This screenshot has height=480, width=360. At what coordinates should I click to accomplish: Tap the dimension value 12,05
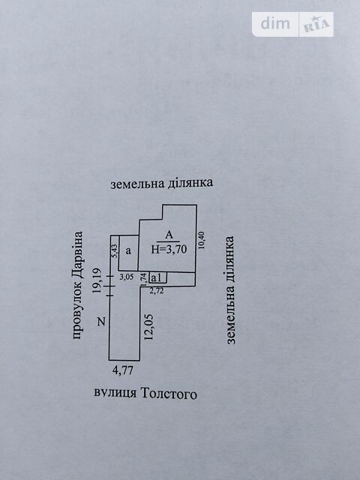click(148, 327)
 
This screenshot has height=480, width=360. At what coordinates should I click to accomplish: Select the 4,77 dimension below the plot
click(123, 370)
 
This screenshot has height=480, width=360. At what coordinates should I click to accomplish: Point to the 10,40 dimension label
click(201, 240)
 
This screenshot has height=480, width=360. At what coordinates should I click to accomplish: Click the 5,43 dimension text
click(115, 251)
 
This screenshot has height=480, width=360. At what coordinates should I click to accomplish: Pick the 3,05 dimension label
click(127, 277)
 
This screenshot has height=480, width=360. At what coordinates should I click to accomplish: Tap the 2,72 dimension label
click(157, 290)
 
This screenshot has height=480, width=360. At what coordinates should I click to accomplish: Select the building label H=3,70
click(169, 250)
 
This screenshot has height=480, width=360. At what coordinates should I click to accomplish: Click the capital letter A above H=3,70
click(169, 235)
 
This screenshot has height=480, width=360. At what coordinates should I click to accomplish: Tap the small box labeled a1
click(157, 277)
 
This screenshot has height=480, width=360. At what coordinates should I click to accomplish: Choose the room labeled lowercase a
click(128, 253)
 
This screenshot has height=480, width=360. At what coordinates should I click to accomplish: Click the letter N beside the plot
click(101, 322)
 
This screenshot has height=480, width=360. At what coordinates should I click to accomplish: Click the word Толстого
click(168, 393)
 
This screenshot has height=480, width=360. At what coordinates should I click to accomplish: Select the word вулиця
click(115, 393)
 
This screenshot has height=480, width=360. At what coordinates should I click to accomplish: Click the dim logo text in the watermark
click(275, 24)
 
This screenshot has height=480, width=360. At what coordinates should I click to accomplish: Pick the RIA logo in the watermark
click(316, 25)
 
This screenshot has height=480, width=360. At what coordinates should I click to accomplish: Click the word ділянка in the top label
click(190, 183)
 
